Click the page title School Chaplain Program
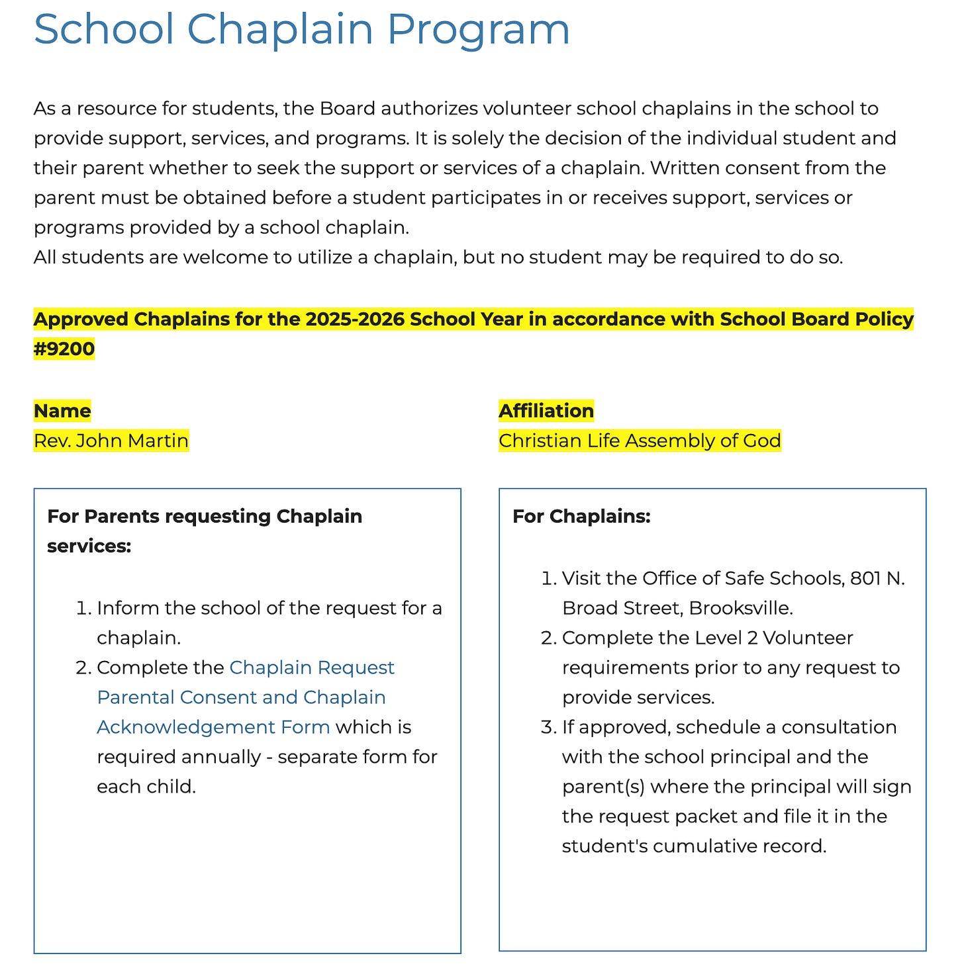pos(301,29)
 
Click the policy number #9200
pos(64,349)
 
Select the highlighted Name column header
pos(62,411)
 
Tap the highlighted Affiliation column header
pos(546,411)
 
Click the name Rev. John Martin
pos(111,441)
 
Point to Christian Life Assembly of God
pos(640,441)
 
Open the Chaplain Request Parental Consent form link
pos(246,697)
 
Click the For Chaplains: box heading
pos(581,516)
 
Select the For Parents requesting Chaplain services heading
pos(205,517)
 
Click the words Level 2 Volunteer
pos(774,638)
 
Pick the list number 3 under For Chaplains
pos(548,727)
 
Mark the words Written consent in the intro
pos(724,168)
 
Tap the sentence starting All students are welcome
pos(438,257)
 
